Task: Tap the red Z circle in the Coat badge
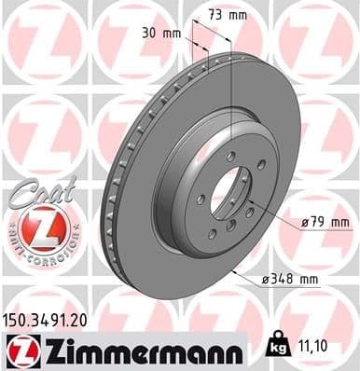click(37, 227)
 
